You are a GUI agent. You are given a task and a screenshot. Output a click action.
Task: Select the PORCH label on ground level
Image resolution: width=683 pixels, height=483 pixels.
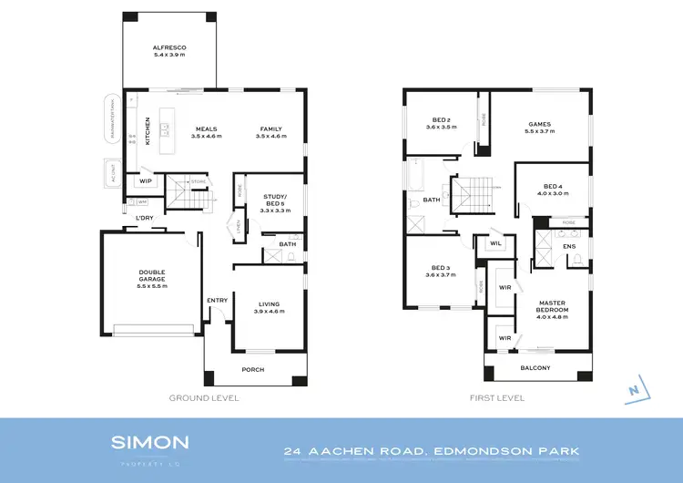(252, 369)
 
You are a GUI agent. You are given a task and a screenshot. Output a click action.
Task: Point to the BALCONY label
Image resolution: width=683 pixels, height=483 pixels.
(535, 367)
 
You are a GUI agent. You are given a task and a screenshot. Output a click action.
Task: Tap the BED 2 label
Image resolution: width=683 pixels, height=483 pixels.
(442, 119)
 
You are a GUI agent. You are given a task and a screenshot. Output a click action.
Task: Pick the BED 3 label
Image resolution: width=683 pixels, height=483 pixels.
(442, 269)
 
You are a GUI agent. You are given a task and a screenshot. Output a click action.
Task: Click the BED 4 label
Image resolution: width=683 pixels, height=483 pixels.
(553, 188)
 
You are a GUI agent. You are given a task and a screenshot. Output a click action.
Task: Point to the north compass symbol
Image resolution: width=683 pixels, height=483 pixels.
(632, 390)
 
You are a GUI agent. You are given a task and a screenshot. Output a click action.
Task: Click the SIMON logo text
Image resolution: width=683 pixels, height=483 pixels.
(150, 443)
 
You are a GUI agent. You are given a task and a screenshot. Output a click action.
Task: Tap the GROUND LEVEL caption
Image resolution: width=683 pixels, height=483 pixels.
(204, 398)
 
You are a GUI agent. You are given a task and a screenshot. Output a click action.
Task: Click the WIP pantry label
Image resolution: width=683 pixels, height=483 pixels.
(145, 180)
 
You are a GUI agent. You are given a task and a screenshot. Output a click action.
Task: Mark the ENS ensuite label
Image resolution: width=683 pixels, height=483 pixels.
(569, 246)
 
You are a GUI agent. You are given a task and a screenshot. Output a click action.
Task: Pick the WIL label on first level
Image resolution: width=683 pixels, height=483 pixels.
(495, 243)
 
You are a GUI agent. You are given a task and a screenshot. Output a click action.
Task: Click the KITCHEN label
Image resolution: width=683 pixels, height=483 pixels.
(147, 130)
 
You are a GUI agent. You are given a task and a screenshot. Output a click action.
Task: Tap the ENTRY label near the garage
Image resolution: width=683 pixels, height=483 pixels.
(217, 300)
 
